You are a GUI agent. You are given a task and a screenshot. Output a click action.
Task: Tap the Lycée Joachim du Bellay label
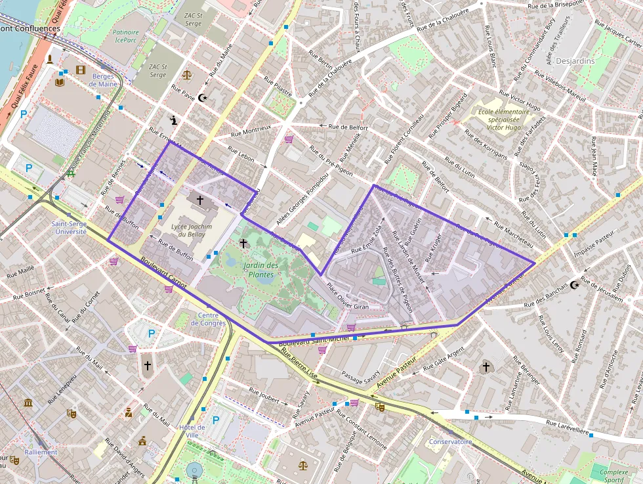(191, 230)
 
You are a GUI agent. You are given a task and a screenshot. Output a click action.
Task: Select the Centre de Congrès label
(208, 319)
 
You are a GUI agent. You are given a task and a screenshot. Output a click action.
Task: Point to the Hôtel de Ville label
(192, 431)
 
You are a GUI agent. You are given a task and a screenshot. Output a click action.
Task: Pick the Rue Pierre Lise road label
(299, 363)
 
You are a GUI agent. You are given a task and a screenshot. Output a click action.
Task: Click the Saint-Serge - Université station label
(69, 227)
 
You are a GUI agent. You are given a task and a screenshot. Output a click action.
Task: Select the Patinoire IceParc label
(125, 36)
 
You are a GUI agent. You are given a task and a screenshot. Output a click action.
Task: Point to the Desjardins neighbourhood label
(575, 61)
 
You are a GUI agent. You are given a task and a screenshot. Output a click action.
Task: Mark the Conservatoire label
(450, 441)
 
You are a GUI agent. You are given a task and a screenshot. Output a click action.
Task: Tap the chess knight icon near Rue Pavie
(173, 120)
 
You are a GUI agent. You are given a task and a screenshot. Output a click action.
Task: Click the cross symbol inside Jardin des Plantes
(243, 244)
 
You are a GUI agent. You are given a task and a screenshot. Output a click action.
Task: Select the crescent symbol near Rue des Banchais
(575, 285)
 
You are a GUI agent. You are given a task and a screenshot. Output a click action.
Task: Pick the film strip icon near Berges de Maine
(80, 70)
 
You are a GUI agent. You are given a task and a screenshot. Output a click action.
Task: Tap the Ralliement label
(41, 452)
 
